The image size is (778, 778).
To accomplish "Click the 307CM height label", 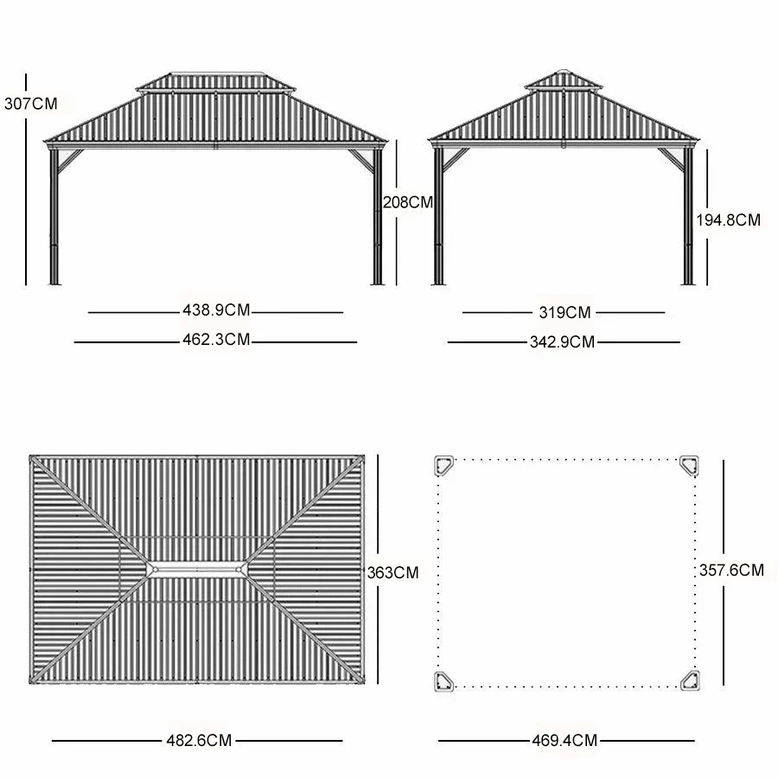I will tap(29, 104).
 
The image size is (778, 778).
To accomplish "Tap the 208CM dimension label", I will tap(408, 202).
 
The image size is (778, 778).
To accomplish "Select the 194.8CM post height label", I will tap(729, 220).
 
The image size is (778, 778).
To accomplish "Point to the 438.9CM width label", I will tap(216, 309).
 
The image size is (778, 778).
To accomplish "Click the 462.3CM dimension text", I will tap(216, 340).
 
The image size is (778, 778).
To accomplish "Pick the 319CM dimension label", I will tap(564, 312).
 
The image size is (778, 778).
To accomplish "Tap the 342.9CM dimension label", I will tap(562, 341).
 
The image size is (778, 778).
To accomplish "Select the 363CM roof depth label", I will tap(392, 572).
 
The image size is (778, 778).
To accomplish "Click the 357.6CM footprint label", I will tap(731, 570).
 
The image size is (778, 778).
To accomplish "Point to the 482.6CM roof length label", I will tap(199, 740).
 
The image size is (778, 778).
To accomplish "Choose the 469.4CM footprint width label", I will tap(564, 740).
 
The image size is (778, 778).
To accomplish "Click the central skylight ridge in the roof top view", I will tap(199, 570).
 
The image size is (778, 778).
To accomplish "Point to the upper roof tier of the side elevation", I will tap(563, 80).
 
